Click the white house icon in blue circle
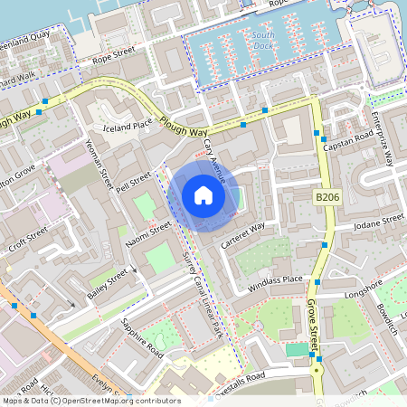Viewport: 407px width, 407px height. [x=203, y=194]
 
